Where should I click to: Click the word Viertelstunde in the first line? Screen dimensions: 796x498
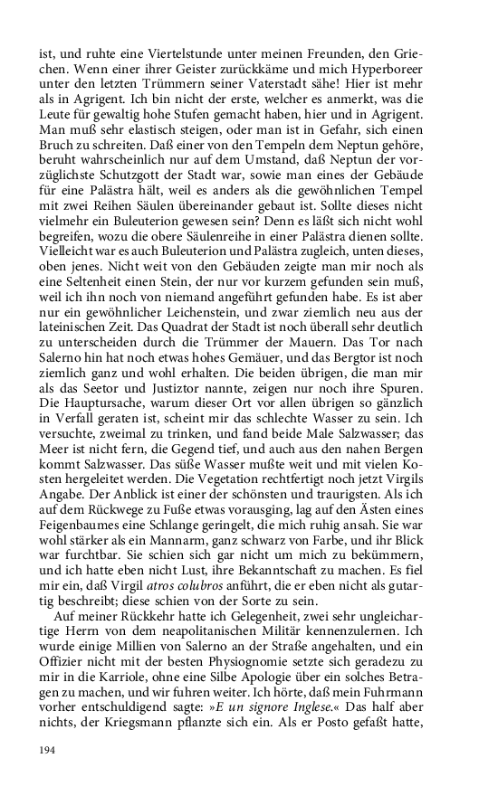(x=174, y=53)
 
